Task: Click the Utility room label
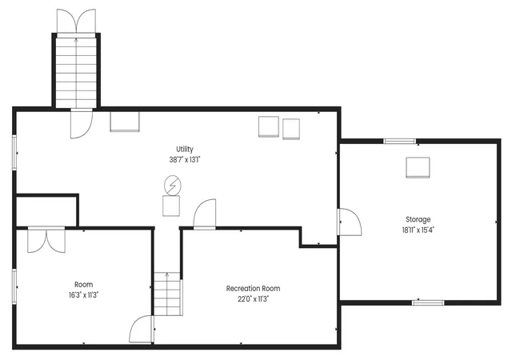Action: click(185, 150)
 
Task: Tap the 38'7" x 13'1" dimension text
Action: click(185, 160)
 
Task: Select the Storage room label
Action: click(418, 219)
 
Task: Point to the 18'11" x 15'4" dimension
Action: click(418, 230)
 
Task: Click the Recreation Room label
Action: click(253, 289)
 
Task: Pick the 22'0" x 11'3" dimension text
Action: click(253, 299)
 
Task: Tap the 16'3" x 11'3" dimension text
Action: click(83, 295)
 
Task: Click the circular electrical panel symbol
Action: click(173, 186)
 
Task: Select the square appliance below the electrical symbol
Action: click(171, 206)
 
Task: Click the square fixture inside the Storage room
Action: click(418, 167)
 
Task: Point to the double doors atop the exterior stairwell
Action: click(77, 22)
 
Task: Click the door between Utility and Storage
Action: click(350, 222)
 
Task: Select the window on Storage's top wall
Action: click(400, 141)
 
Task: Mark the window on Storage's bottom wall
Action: click(428, 303)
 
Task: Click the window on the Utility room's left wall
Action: click(14, 152)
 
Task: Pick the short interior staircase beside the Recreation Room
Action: click(168, 294)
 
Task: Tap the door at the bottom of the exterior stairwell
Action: click(82, 124)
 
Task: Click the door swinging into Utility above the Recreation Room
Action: click(205, 214)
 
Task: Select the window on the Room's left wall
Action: click(14, 286)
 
